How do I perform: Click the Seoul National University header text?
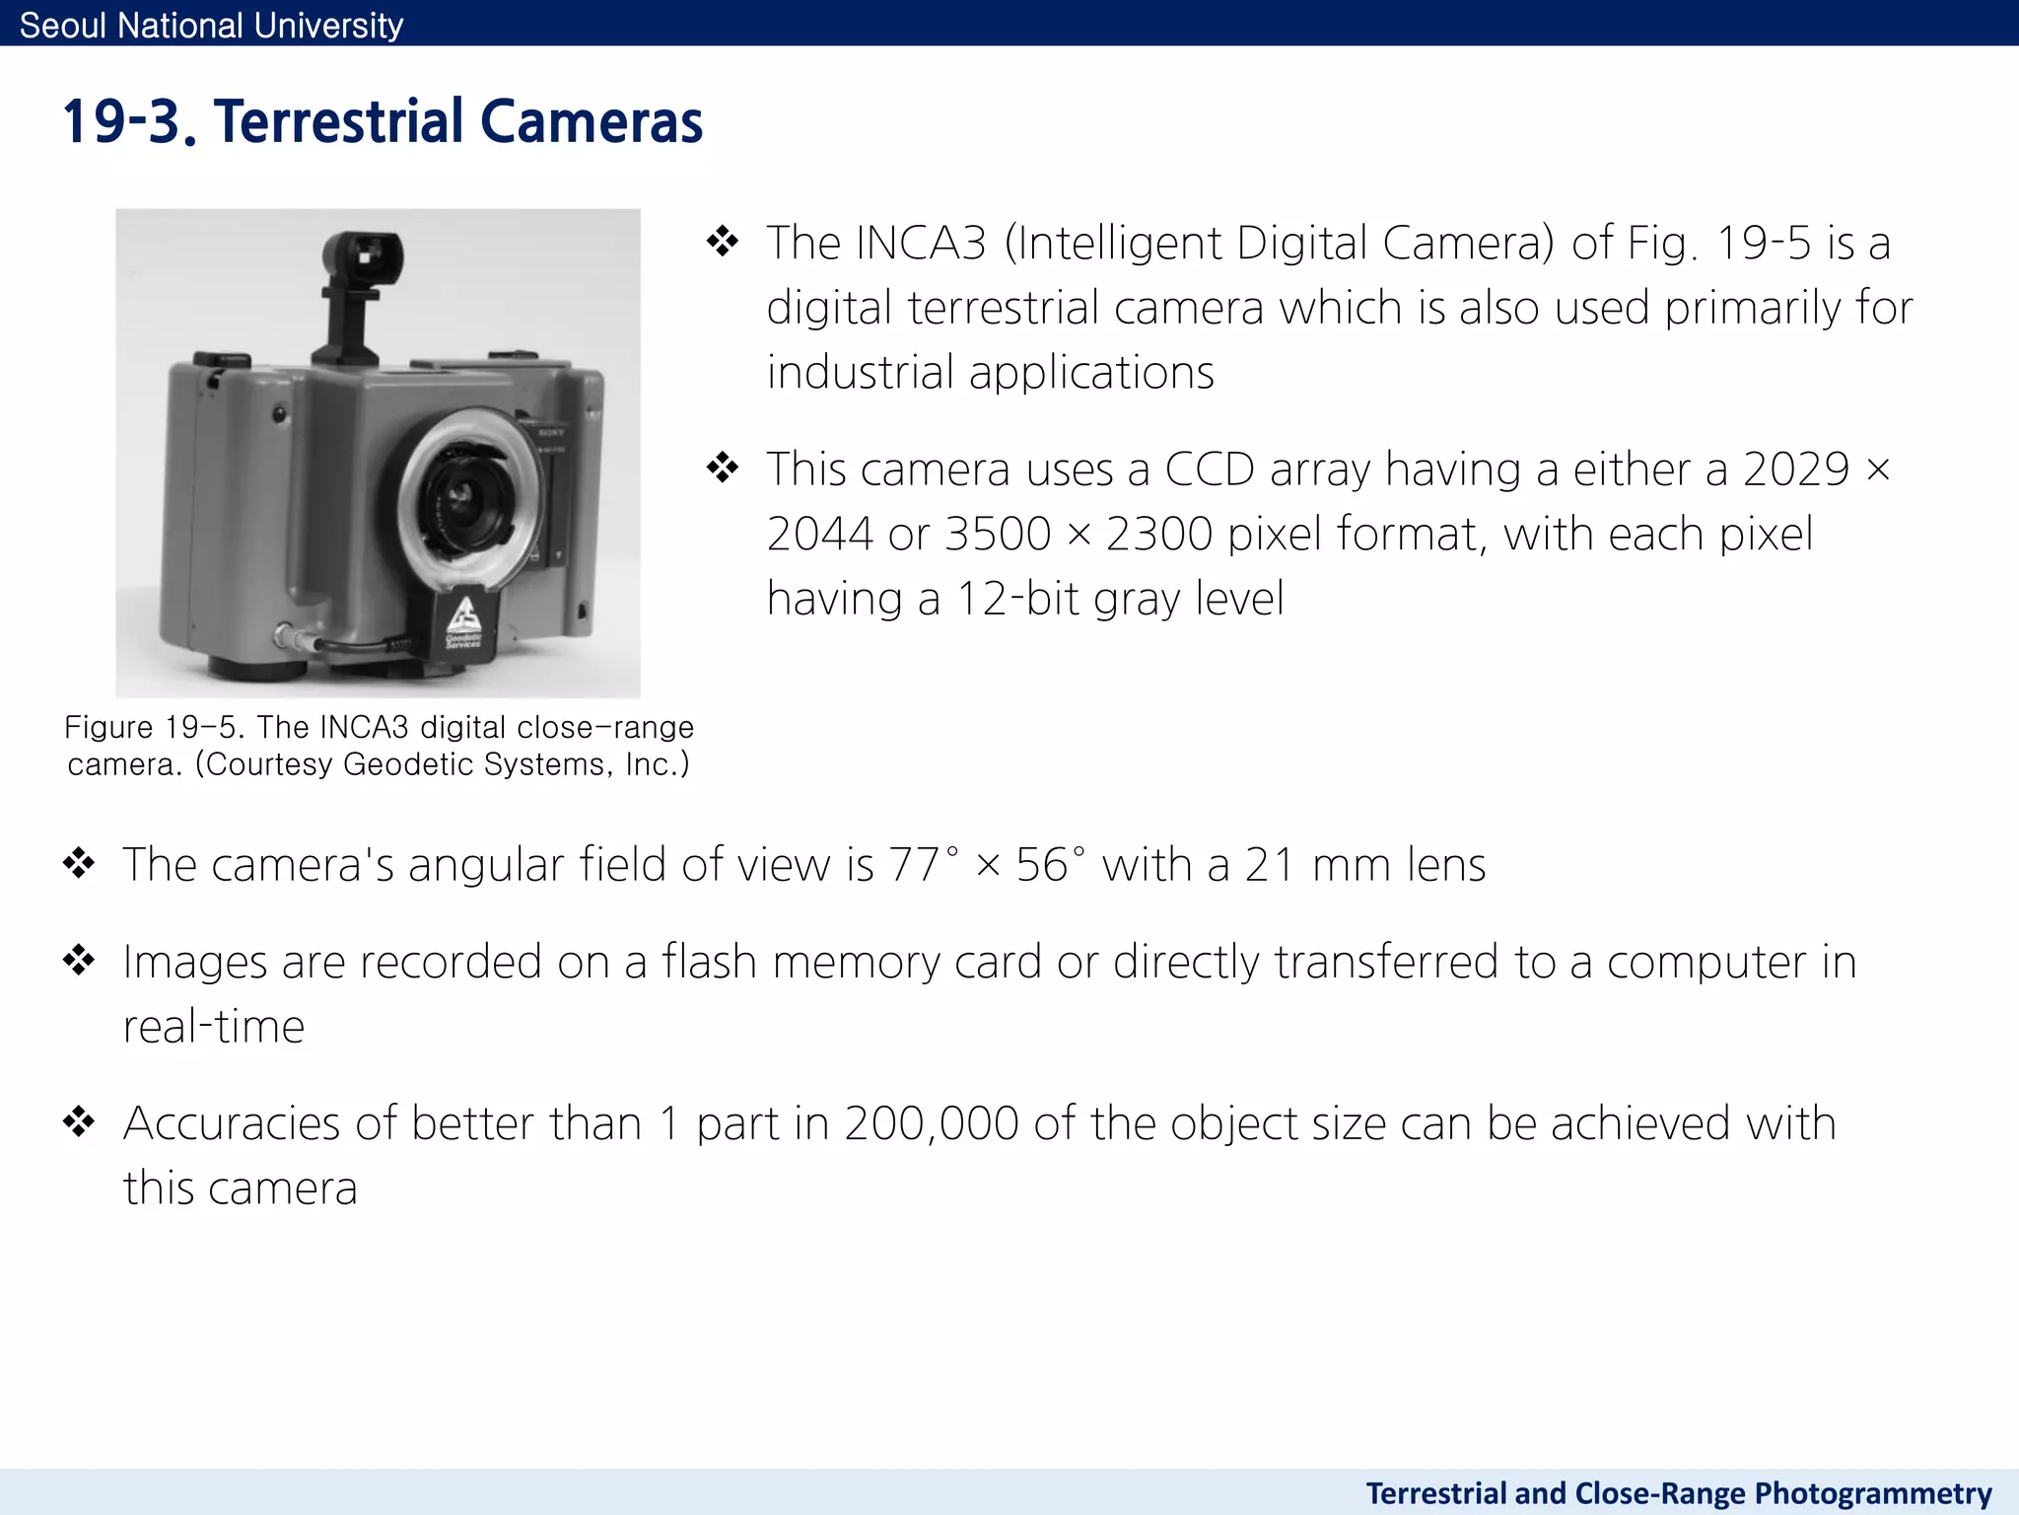tap(211, 25)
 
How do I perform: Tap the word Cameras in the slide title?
tap(592, 122)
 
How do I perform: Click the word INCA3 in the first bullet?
tap(921, 244)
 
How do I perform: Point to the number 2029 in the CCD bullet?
tap(1795, 469)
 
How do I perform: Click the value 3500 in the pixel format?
tap(998, 535)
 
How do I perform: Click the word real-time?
tap(214, 1027)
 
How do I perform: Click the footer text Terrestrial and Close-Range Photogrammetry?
tap(1678, 1493)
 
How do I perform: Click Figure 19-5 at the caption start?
tap(153, 728)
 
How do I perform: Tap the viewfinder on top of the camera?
tap(363, 258)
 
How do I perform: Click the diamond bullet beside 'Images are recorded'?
tap(79, 960)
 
